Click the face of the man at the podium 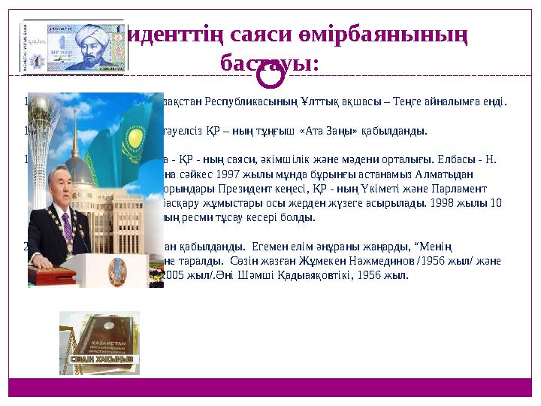tap(65, 195)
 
